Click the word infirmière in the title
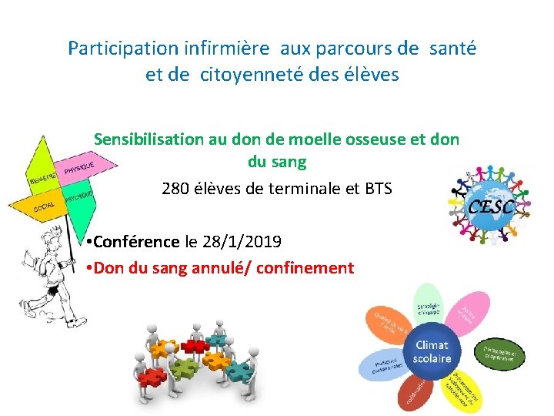pyautogui.click(x=227, y=49)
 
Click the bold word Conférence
pyautogui.click(x=138, y=242)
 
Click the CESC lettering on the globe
pyautogui.click(x=486, y=206)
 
